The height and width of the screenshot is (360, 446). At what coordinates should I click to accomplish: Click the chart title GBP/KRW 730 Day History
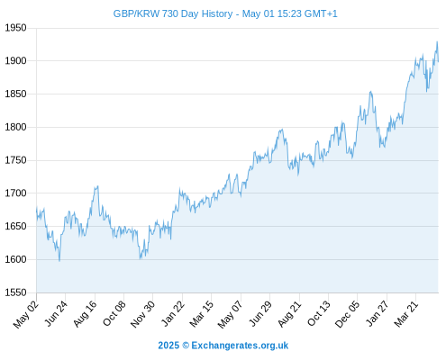(173, 13)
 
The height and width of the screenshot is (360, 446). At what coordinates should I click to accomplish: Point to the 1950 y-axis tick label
(15, 28)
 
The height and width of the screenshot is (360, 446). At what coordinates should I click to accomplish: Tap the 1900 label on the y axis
(15, 61)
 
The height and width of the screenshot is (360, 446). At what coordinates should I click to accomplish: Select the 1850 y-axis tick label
(15, 94)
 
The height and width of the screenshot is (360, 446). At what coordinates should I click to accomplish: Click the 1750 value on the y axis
(15, 160)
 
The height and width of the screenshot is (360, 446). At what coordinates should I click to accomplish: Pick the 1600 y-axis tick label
(15, 259)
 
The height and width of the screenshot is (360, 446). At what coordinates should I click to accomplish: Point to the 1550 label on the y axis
(15, 292)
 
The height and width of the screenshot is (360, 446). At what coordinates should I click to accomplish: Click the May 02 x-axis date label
(26, 314)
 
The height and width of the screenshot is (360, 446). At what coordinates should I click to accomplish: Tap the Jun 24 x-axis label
(56, 313)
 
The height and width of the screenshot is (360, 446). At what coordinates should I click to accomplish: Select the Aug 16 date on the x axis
(85, 313)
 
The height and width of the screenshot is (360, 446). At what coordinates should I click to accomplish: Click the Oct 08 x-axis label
(114, 313)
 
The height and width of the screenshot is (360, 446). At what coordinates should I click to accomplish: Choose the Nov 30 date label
(142, 314)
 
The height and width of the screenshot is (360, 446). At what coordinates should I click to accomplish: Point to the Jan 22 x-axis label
(173, 313)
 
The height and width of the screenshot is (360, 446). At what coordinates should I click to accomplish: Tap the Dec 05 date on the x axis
(347, 314)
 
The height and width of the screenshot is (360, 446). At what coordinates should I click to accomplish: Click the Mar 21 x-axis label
(406, 314)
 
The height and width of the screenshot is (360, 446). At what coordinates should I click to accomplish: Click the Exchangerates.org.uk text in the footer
(240, 346)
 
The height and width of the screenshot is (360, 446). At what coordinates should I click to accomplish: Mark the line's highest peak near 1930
(437, 42)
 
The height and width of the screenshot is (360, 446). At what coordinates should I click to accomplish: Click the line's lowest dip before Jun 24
(59, 261)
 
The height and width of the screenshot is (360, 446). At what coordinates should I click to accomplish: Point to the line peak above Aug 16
(97, 186)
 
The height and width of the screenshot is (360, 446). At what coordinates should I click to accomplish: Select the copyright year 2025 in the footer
(168, 346)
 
